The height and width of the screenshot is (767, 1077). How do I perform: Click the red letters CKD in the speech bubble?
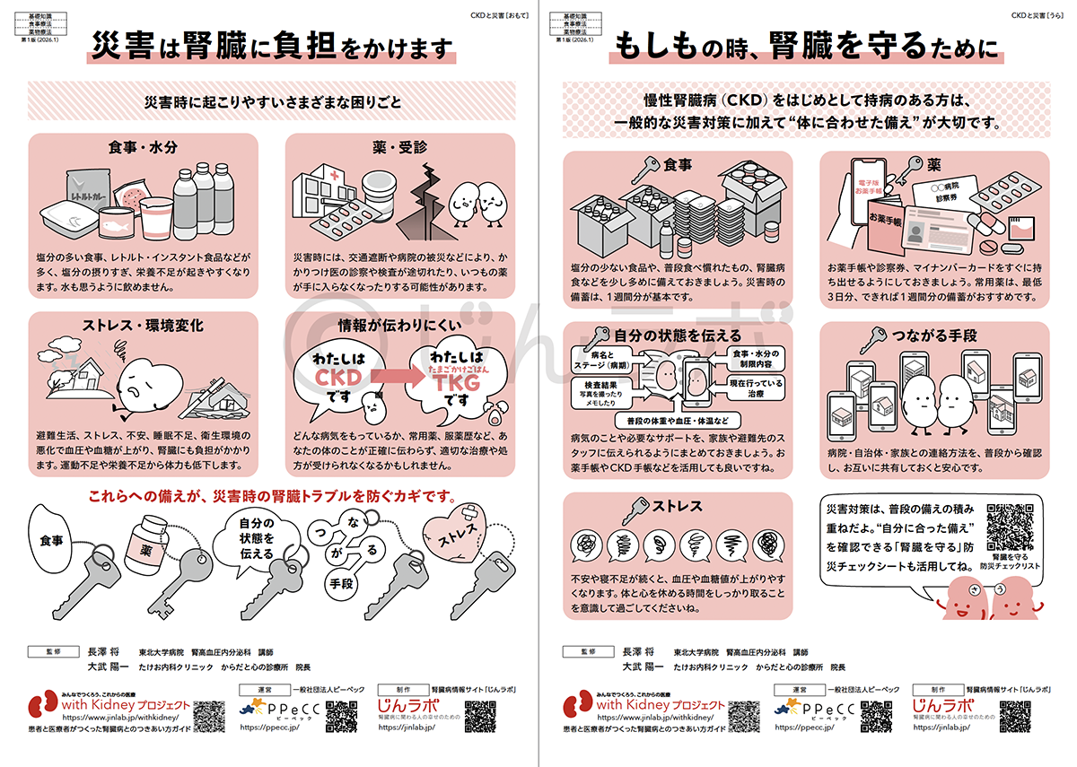(338, 378)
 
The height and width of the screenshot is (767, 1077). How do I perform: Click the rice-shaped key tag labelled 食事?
(51, 541)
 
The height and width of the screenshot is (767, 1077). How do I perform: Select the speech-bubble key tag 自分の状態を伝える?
(256, 538)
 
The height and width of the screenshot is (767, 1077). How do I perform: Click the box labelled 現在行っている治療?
(757, 388)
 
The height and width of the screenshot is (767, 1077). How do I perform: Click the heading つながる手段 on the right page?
(933, 336)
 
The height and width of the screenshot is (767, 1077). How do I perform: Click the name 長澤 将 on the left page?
(102, 652)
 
